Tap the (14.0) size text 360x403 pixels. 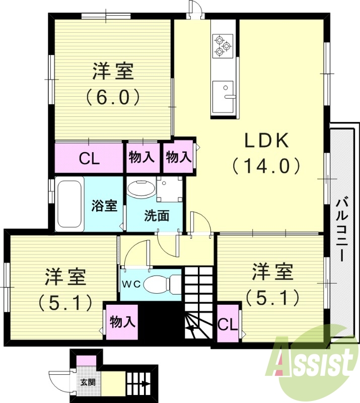pyautogui.click(x=266, y=165)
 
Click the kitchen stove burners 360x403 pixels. pyautogui.click(x=222, y=45)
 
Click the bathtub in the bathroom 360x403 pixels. pyautogui.click(x=70, y=204)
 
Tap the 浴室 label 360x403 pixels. pyautogui.click(x=104, y=206)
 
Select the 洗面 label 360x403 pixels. pyautogui.click(x=156, y=216)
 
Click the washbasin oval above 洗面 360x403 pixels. pyautogui.click(x=141, y=189)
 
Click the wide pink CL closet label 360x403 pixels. pyautogui.click(x=89, y=159)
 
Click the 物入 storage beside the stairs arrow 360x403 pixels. pyautogui.click(x=122, y=321)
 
